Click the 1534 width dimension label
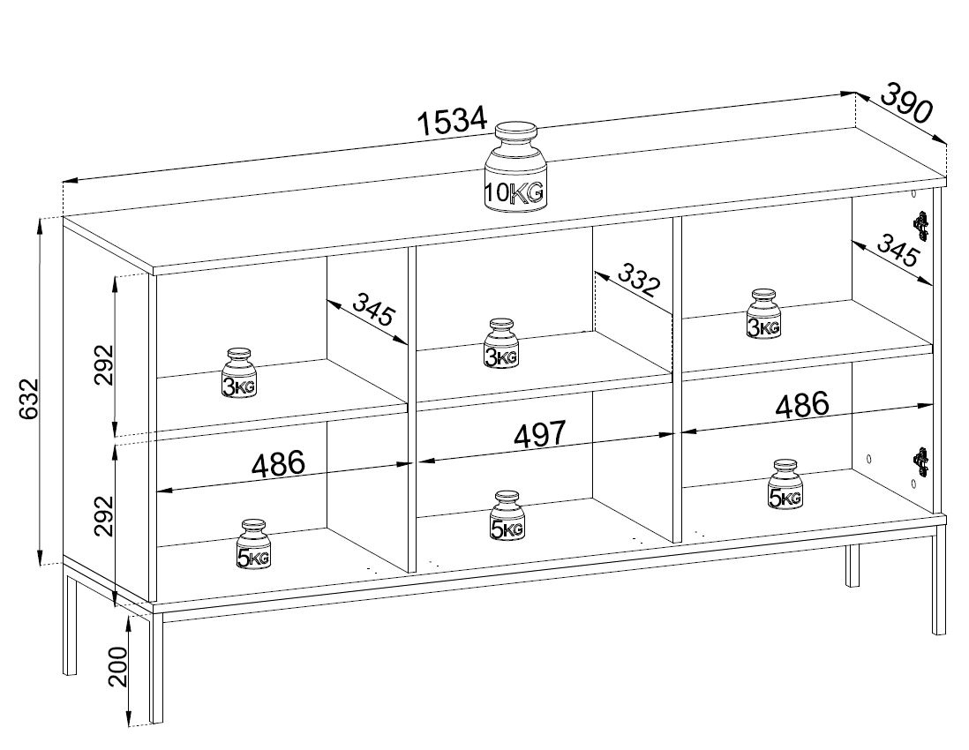click(453, 120)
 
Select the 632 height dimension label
click(28, 399)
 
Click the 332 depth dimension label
click(638, 280)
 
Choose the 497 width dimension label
click(539, 435)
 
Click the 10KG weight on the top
click(515, 167)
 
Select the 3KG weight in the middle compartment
click(501, 343)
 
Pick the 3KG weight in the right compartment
click(764, 314)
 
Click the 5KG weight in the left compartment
click(253, 544)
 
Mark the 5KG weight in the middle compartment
click(507, 516)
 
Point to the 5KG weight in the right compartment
click(785, 484)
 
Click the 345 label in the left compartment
click(372, 309)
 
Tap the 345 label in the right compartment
click(898, 250)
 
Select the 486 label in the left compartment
click(278, 464)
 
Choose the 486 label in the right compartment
click(801, 405)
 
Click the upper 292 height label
click(104, 364)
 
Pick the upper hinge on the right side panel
click(922, 226)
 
